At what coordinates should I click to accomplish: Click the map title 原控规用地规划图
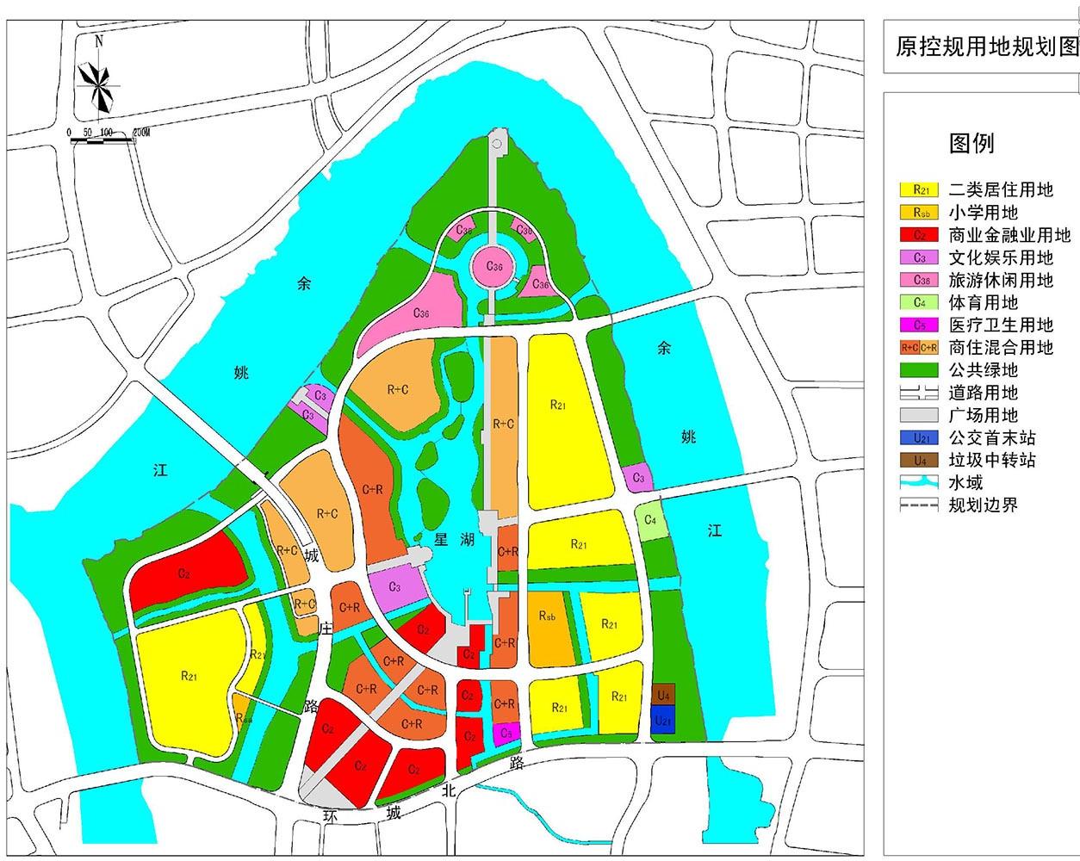coord(987,46)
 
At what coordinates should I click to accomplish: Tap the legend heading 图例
coord(971,143)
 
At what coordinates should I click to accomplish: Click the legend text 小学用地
coord(983,213)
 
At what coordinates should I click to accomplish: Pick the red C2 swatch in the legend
coord(919,235)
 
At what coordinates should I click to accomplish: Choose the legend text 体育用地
coord(983,302)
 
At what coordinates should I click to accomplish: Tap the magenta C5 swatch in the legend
coord(919,325)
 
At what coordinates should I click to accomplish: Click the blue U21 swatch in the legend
coord(919,437)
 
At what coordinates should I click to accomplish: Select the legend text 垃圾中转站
coord(991,460)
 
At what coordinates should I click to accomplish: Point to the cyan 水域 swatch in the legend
coord(919,482)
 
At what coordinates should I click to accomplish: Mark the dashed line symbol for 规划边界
coord(919,505)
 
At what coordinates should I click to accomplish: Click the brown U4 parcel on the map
coord(662,694)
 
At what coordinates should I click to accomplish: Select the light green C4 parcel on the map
coord(652,522)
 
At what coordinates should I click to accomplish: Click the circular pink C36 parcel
coord(494,266)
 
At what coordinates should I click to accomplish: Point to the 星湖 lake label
coord(454,540)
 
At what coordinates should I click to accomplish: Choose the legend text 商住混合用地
coord(1000,348)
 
